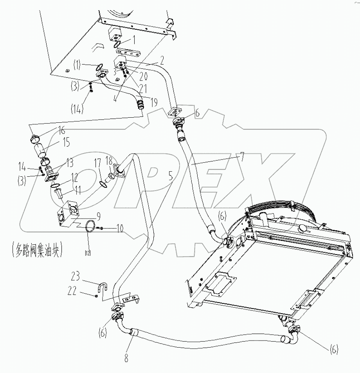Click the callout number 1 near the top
coord(134,40)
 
